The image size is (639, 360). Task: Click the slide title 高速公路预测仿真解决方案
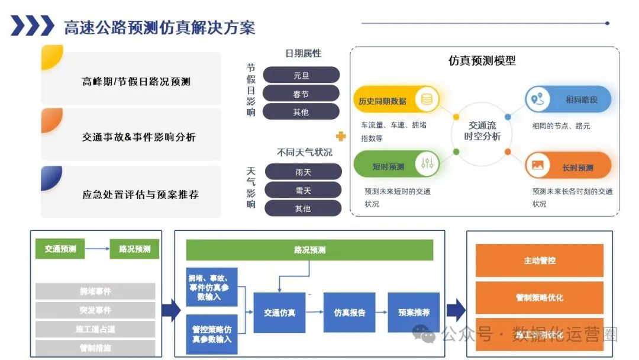click(x=160, y=27)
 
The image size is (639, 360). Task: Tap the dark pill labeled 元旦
click(x=301, y=76)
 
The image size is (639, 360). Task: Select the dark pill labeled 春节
click(x=301, y=94)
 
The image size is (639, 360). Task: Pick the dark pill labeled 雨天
click(x=303, y=172)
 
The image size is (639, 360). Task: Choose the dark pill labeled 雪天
click(x=303, y=191)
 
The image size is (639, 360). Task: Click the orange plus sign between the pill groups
click(x=341, y=137)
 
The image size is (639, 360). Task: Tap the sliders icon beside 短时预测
click(x=427, y=165)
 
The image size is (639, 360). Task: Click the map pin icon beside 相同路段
click(x=537, y=99)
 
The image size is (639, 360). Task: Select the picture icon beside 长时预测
click(x=538, y=166)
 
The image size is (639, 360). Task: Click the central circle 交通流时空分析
click(x=483, y=131)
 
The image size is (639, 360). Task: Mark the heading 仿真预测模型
click(x=482, y=60)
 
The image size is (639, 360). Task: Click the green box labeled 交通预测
click(x=60, y=249)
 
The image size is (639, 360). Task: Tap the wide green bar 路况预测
click(x=309, y=250)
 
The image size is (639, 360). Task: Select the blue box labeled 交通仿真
click(x=279, y=312)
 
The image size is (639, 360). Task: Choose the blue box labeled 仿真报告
click(x=350, y=312)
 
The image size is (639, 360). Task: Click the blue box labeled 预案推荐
click(x=414, y=312)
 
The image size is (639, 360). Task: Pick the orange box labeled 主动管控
click(x=540, y=260)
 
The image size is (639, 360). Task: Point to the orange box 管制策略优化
click(x=540, y=297)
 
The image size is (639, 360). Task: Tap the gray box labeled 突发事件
click(x=95, y=310)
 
